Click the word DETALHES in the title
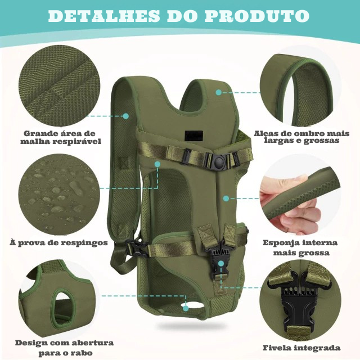point(103,16)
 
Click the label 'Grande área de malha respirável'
point(61,137)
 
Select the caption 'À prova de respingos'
point(58,242)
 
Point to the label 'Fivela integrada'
point(301,348)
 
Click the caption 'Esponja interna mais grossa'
point(300,247)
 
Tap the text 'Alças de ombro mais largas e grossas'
point(301,137)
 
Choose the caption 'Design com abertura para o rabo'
point(65,348)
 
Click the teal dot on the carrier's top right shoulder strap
point(219,92)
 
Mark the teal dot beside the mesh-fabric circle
point(125,116)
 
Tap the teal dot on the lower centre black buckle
point(221,263)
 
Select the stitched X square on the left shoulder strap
point(124,163)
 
